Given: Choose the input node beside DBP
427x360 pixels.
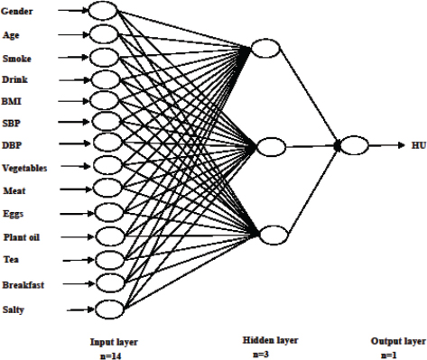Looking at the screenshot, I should pyautogui.click(x=106, y=144).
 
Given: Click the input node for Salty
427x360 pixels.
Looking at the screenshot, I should pyautogui.click(x=107, y=309).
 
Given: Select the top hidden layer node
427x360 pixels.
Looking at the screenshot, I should pyautogui.click(x=269, y=48).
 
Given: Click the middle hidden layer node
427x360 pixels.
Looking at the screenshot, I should pyautogui.click(x=272, y=144).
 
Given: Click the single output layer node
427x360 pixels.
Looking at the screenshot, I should pyautogui.click(x=355, y=144).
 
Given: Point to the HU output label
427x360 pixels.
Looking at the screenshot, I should pyautogui.click(x=417, y=145).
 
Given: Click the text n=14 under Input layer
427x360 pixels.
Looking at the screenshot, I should pyautogui.click(x=112, y=354).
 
